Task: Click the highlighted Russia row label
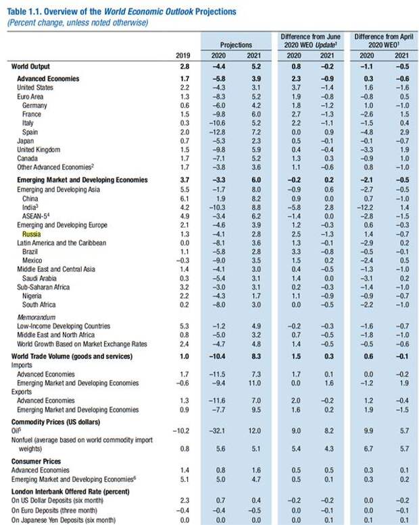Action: [x=32, y=234]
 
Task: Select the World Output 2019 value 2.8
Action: [x=184, y=67]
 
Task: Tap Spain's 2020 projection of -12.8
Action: [x=217, y=132]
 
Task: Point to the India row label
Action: [x=30, y=207]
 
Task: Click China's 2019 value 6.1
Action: [x=184, y=198]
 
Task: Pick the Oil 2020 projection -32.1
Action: [x=217, y=431]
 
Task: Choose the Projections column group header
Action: [x=236, y=45]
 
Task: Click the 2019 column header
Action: [x=182, y=55]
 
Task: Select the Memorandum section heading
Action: [x=36, y=317]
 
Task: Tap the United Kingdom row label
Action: [x=39, y=150]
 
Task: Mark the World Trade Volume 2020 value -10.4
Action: [x=217, y=356]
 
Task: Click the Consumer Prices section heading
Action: [x=36, y=462]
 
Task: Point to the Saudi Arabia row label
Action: [x=39, y=278]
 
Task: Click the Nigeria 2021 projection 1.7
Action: [x=256, y=296]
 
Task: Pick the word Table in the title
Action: [x=16, y=11]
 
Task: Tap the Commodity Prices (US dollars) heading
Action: [x=55, y=422]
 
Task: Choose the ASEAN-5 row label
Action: [x=36, y=216]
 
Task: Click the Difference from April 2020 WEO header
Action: [x=384, y=40]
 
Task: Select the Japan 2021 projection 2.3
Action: [x=256, y=141]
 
